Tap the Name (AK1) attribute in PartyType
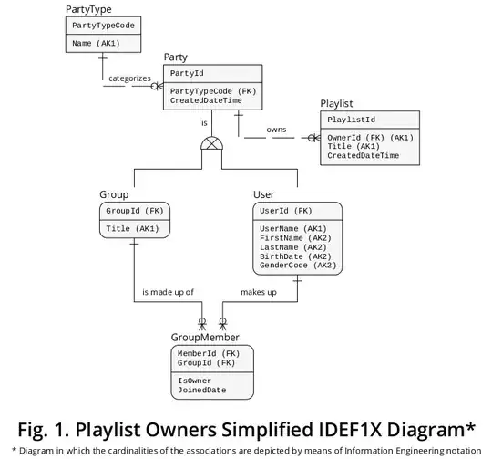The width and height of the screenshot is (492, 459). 95,43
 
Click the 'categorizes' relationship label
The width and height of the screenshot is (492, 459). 129,78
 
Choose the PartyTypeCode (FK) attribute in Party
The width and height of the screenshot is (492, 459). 212,91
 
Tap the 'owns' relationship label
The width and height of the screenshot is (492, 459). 276,130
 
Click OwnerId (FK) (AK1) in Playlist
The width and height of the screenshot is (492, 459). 370,138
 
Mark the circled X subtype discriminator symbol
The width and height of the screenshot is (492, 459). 211,144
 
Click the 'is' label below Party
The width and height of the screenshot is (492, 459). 204,122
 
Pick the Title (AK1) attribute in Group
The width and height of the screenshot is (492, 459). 133,228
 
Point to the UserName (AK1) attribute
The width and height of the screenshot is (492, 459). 292,228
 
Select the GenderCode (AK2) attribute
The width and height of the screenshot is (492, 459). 298,266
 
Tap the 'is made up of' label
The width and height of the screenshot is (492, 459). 168,293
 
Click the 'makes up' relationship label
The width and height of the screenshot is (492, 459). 259,293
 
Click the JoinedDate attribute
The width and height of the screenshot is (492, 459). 201,391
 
